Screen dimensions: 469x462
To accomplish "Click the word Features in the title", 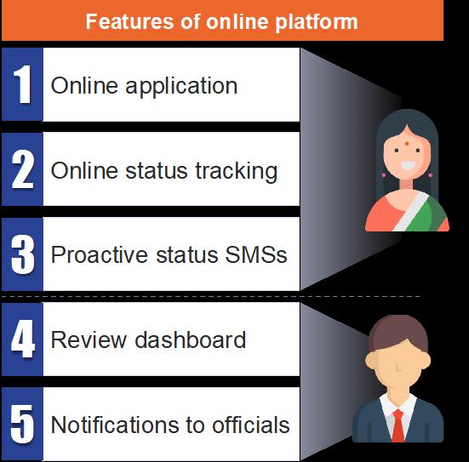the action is click(129, 21).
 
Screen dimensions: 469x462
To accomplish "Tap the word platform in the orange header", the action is click(316, 22).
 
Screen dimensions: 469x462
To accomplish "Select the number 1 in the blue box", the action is click(23, 84).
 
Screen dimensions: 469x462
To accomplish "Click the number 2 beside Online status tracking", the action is click(23, 169).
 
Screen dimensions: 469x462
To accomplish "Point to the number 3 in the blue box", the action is click(23, 254).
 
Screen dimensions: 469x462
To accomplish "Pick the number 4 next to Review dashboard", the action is click(23, 339).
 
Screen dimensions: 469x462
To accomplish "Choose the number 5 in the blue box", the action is click(23, 424).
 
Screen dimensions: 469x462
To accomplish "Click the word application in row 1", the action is click(181, 87).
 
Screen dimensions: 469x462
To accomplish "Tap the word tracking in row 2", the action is click(237, 172).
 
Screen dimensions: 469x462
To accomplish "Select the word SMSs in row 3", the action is click(256, 254).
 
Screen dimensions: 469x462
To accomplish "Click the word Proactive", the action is click(100, 254).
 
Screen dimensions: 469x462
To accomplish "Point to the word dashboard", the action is click(190, 339).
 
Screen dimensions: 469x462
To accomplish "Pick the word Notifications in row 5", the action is click(115, 425).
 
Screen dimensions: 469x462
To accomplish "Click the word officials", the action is click(250, 425).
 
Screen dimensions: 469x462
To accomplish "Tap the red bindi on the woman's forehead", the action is click(407, 144).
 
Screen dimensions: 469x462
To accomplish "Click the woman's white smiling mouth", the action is click(408, 165).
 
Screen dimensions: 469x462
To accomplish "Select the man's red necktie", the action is click(398, 425).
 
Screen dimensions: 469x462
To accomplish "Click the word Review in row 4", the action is click(89, 339).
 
